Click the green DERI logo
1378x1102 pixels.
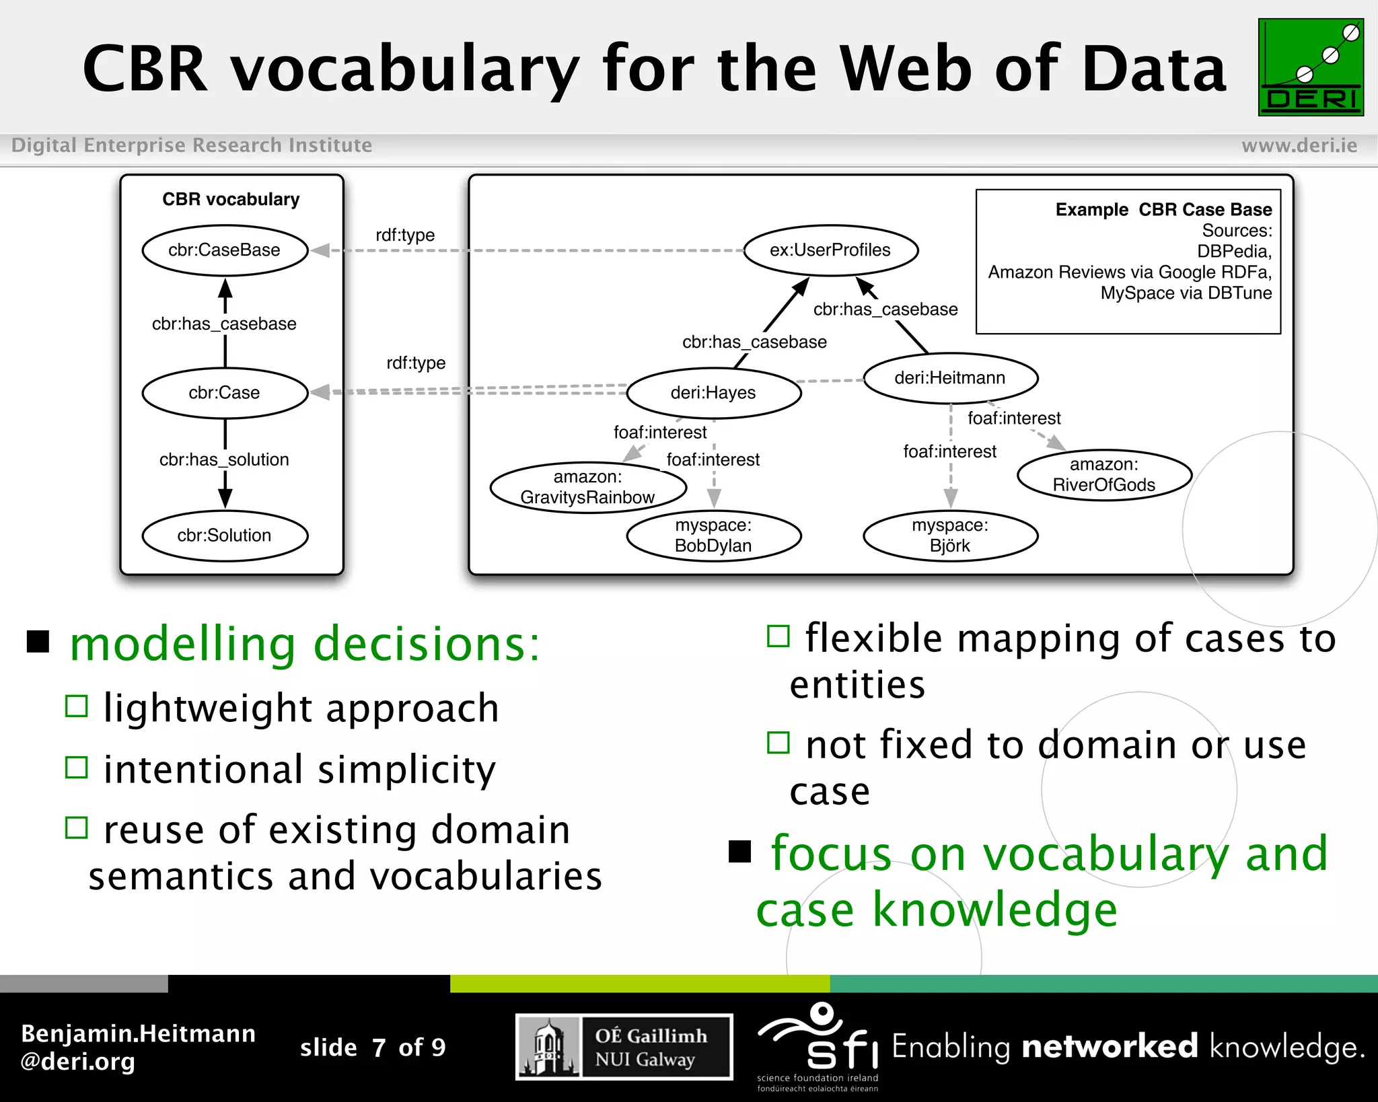point(1310,67)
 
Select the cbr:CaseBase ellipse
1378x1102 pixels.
point(225,250)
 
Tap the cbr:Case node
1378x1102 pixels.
point(225,393)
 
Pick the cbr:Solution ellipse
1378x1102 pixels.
point(225,536)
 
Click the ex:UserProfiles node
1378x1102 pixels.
point(830,250)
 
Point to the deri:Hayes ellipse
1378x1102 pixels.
point(713,393)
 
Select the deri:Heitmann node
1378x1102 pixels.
point(950,378)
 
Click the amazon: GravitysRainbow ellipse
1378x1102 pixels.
point(587,487)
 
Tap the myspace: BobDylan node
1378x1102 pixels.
point(713,536)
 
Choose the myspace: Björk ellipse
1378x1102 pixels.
point(950,536)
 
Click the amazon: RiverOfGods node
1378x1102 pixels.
point(1103,475)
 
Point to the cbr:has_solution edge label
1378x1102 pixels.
point(224,460)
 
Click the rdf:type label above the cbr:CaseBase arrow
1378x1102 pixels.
point(405,235)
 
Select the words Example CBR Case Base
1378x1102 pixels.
point(1163,210)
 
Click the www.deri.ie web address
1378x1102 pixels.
point(1299,145)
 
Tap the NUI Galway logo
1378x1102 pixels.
point(624,1047)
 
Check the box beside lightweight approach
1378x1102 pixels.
point(77,706)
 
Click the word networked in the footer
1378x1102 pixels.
point(1109,1047)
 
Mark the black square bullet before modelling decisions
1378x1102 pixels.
point(38,642)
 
